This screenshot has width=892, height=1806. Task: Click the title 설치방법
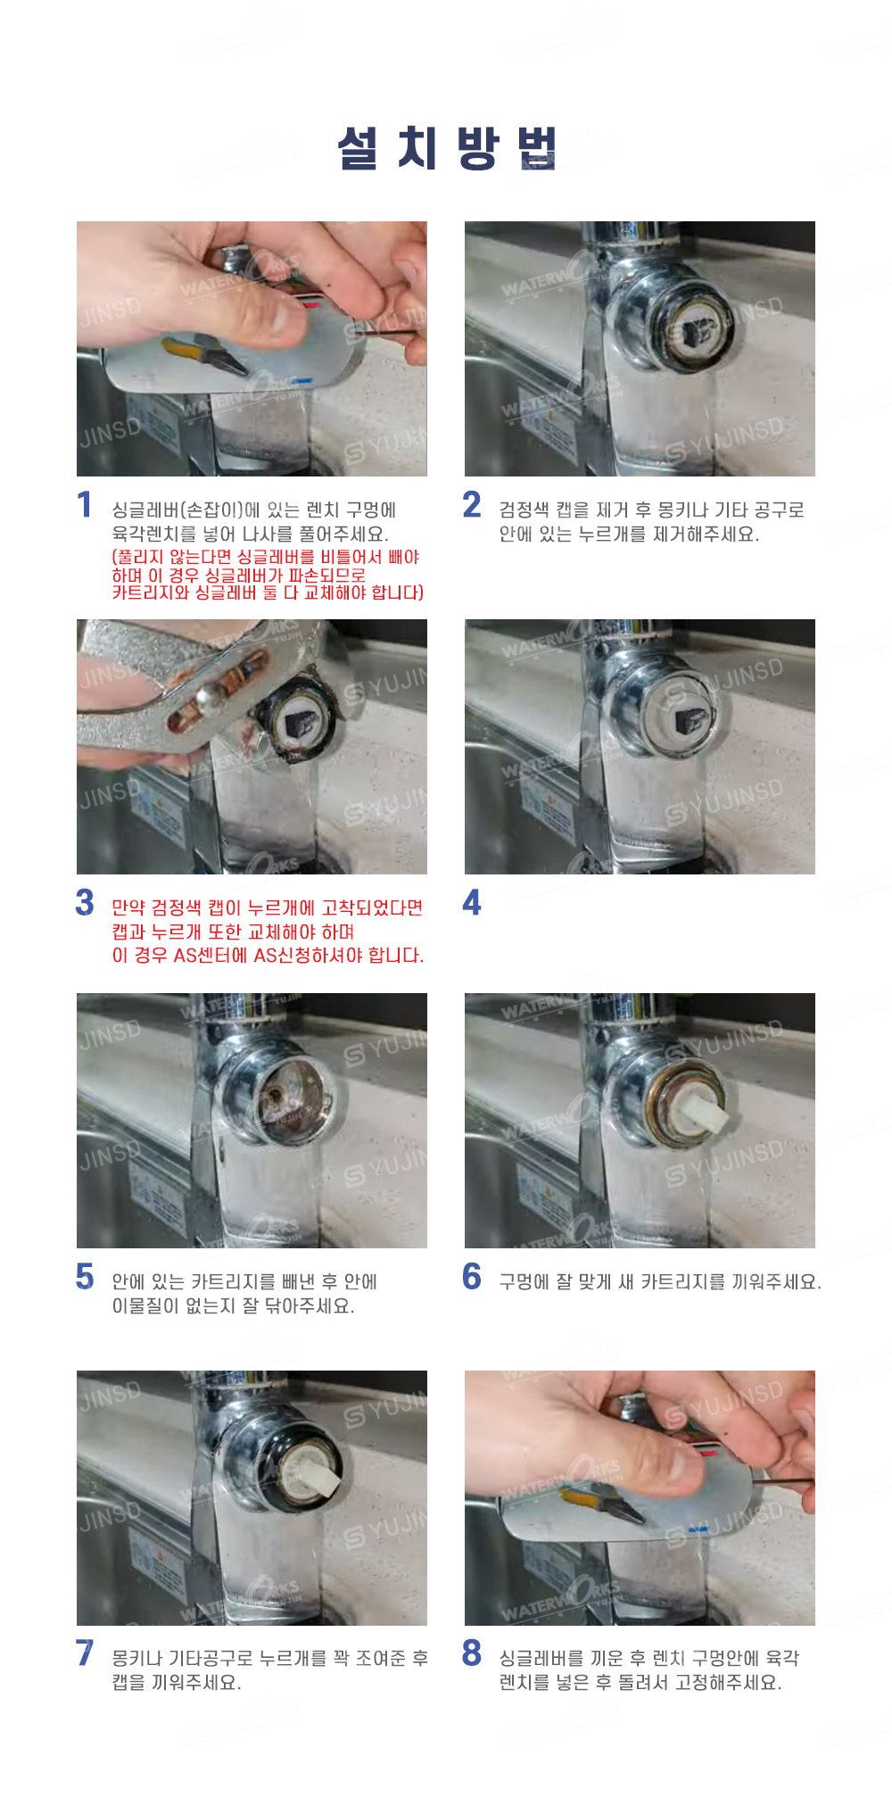pos(447,147)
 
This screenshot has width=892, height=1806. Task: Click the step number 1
pos(85,505)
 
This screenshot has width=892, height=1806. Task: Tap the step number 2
pos(472,505)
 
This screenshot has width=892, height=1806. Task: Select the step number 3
pos(85,902)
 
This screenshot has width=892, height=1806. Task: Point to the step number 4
pos(472,902)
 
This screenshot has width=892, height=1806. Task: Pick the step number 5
pos(85,1276)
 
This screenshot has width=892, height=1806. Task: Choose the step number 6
pos(472,1276)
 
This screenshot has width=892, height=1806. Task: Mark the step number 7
pos(85,1653)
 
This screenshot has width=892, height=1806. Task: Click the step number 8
pos(472,1653)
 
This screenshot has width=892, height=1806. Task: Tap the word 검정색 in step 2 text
pos(524,510)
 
